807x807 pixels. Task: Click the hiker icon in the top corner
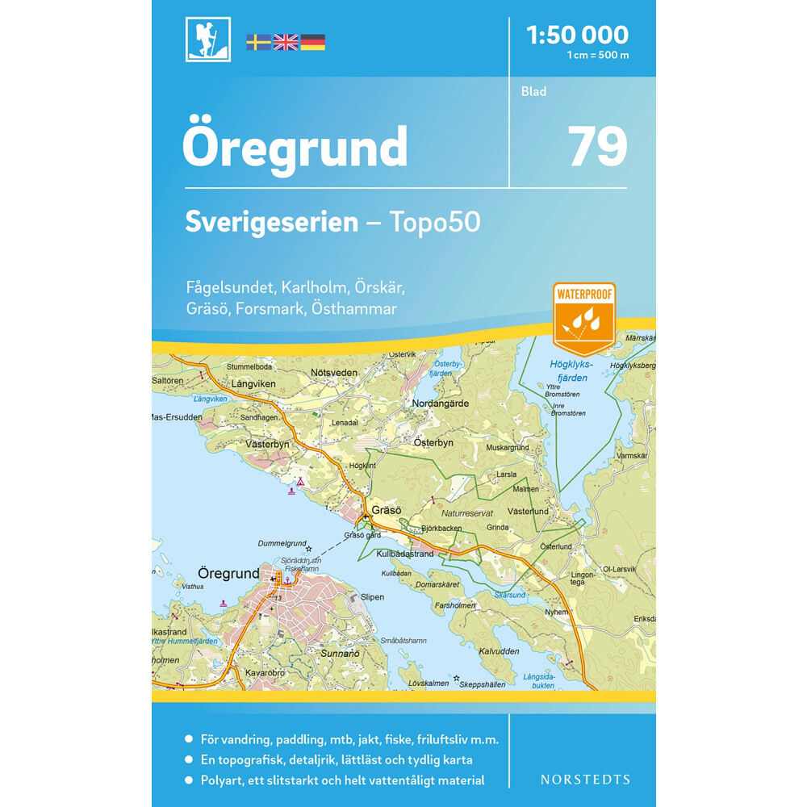tap(207, 40)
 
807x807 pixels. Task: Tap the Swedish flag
tap(258, 42)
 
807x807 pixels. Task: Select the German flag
tap(313, 42)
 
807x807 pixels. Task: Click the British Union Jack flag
tap(286, 42)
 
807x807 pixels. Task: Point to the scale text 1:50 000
tap(576, 35)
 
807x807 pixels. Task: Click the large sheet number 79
tap(598, 146)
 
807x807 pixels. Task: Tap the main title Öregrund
tap(295, 147)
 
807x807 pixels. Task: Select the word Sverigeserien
tap(271, 222)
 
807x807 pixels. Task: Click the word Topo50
tap(437, 222)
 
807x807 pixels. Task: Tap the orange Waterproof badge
tap(583, 318)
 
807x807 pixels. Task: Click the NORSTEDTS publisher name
tap(585, 780)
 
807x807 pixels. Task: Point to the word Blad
tap(533, 91)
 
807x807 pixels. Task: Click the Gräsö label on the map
tap(387, 511)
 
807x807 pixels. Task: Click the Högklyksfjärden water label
tap(571, 369)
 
